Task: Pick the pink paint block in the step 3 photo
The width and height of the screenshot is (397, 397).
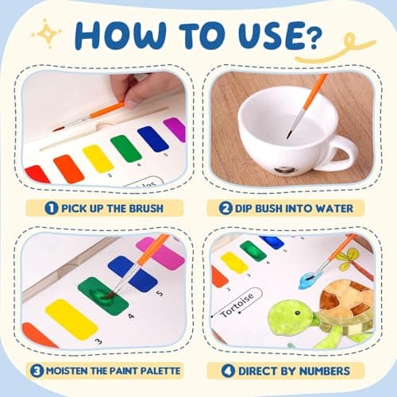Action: point(161,254)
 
